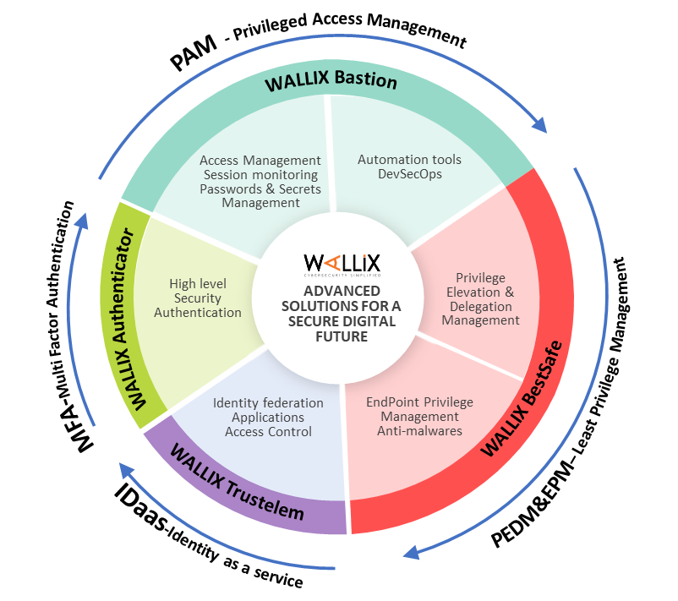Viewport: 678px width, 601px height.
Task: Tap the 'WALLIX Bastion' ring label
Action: pyautogui.click(x=330, y=81)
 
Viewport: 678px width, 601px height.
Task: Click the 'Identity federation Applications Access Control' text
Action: pyautogui.click(x=268, y=418)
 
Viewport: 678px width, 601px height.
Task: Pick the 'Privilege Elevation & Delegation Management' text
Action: pyautogui.click(x=480, y=299)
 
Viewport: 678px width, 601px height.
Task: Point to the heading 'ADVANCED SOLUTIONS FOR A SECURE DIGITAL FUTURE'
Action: pyautogui.click(x=341, y=314)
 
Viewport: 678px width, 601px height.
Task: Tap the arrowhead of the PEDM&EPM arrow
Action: pyautogui.click(x=411, y=553)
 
